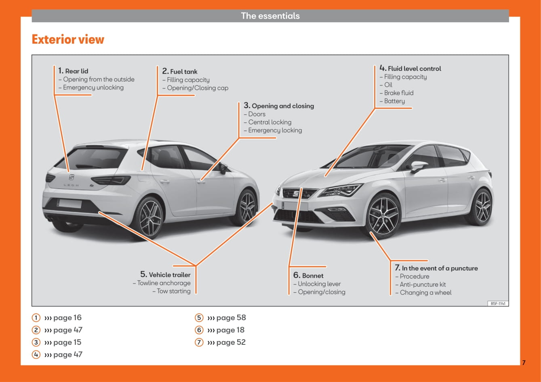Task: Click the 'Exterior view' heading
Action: pos(68,40)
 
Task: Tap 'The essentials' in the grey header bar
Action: pos(270,16)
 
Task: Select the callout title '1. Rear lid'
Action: pos(73,71)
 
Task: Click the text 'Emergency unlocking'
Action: pos(93,87)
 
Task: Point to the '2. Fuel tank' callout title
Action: pos(180,72)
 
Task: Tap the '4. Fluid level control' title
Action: pos(410,69)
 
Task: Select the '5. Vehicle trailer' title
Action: pos(166,275)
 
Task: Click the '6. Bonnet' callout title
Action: pos(308,276)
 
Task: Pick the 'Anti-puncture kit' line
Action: pos(423,285)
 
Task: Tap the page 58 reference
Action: pos(226,318)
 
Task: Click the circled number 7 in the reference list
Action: pos(199,342)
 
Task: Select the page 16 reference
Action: pos(63,318)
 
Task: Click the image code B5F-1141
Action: pos(498,304)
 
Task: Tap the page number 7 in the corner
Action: pos(524,363)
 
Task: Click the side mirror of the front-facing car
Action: pos(419,166)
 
